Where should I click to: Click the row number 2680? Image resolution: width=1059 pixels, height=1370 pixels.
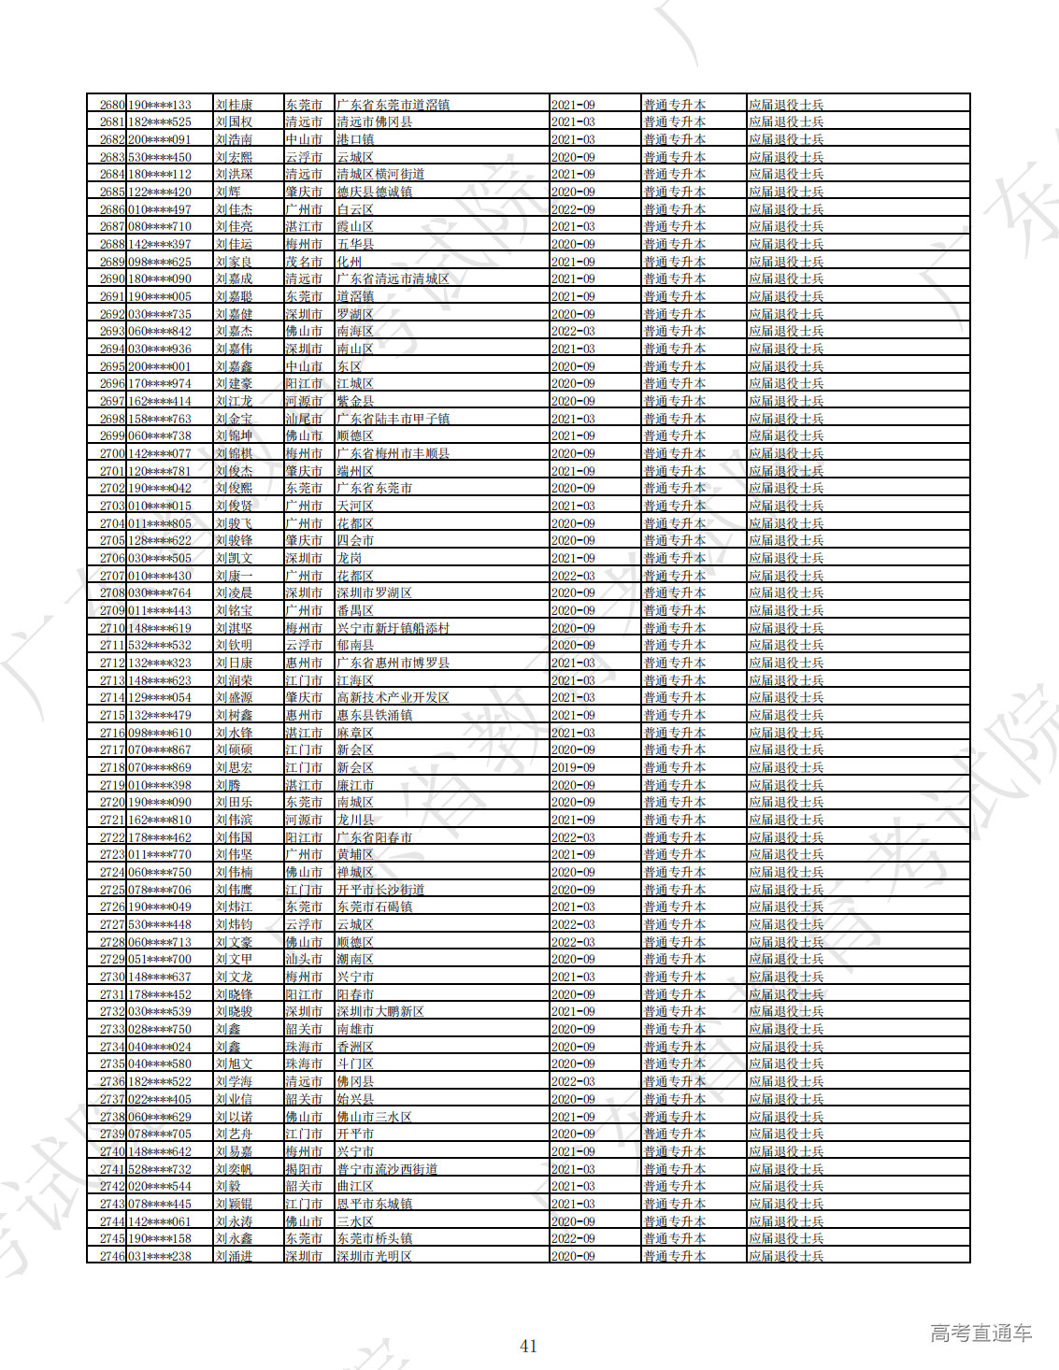(x=111, y=105)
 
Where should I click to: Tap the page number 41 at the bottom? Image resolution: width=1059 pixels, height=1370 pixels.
(x=528, y=1346)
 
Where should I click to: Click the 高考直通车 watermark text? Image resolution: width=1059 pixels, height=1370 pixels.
(x=980, y=1334)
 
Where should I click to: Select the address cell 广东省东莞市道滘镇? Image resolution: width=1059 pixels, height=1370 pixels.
(x=393, y=105)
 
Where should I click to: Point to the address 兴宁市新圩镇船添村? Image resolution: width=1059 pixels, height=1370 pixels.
(x=393, y=628)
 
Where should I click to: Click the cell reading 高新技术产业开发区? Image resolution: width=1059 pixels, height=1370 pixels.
(x=393, y=697)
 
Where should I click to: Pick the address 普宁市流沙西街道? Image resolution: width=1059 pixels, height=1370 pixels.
(x=387, y=1169)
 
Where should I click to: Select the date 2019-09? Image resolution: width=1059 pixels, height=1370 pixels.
(x=573, y=767)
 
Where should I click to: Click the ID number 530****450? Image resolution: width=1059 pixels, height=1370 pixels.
(x=159, y=157)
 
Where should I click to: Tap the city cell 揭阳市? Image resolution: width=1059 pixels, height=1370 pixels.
(x=304, y=1169)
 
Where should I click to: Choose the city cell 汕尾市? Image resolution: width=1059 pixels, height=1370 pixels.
(x=304, y=419)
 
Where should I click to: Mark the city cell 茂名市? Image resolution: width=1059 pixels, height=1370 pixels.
(x=304, y=262)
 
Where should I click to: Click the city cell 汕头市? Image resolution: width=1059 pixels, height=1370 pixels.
(x=304, y=959)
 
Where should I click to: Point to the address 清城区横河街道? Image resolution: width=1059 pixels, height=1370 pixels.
(x=380, y=174)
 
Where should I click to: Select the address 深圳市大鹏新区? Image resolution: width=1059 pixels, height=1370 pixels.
(x=380, y=1011)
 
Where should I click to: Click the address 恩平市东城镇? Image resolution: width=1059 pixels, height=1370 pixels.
(x=374, y=1204)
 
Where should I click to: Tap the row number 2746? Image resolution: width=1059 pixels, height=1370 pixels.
(x=111, y=1256)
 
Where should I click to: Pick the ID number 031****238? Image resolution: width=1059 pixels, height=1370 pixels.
(x=159, y=1256)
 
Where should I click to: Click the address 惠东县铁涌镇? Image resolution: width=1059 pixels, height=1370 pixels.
(x=374, y=715)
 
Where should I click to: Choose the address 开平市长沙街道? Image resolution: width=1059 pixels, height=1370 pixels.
(x=380, y=890)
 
